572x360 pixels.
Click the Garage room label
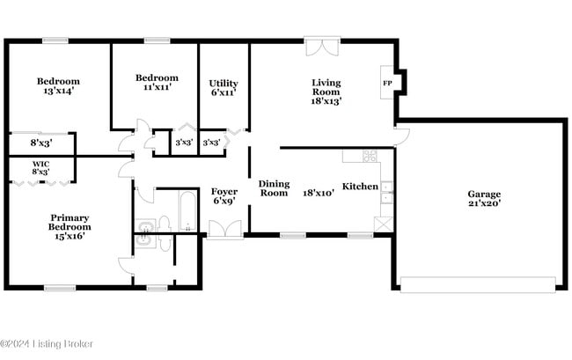(484, 195)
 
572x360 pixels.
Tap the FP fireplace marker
(387, 84)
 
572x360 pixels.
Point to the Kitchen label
(360, 187)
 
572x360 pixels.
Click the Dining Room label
(274, 187)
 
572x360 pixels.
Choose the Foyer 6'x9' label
(224, 196)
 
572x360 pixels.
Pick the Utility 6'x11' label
(223, 88)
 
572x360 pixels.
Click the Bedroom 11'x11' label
(156, 82)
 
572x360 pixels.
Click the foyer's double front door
(224, 231)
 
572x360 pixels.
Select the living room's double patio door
(322, 47)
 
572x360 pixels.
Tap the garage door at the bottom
(478, 283)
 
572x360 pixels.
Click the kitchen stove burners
(370, 157)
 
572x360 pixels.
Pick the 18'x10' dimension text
(319, 192)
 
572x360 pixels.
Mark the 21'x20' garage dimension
(484, 202)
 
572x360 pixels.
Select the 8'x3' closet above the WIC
(40, 142)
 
